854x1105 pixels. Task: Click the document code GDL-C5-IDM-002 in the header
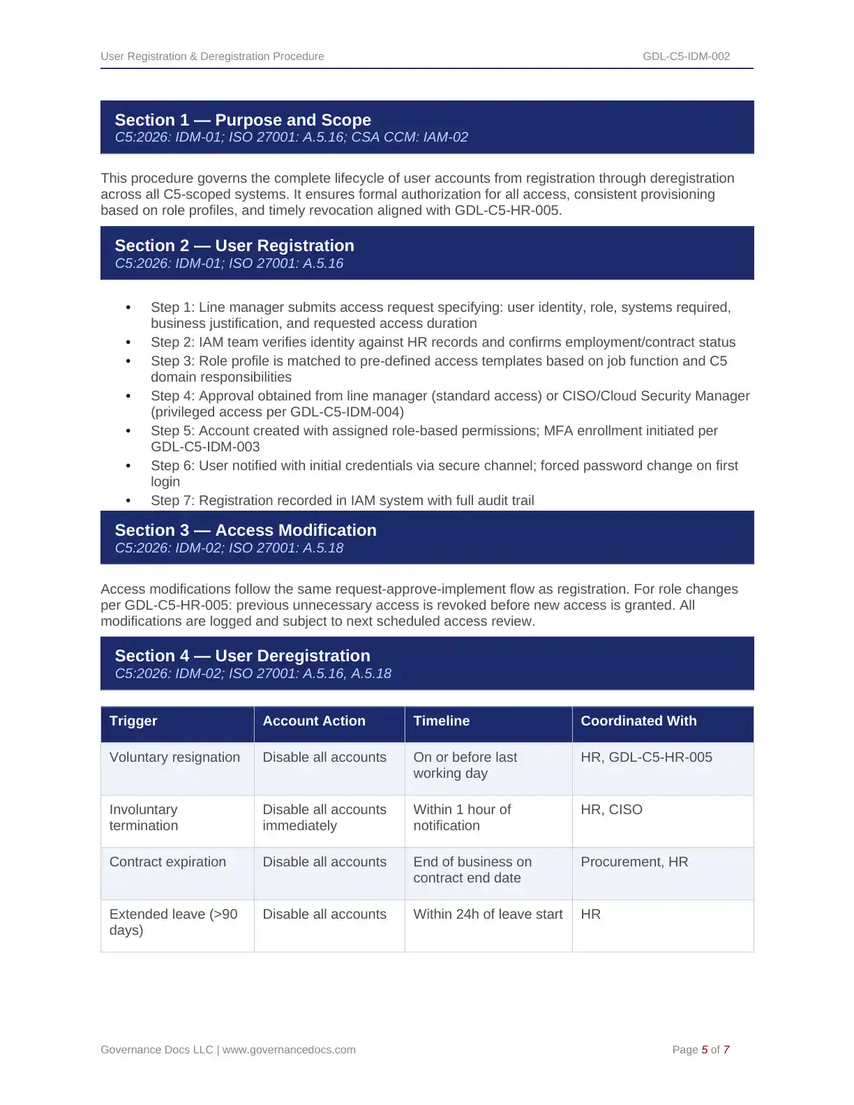[686, 57]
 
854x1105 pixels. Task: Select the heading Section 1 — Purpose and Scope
[243, 120]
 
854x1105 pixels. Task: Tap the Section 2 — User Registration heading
[234, 246]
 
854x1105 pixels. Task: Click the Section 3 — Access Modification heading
[246, 530]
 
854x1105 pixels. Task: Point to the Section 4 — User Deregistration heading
[242, 656]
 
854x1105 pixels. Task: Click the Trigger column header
[133, 721]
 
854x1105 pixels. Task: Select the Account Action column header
[314, 721]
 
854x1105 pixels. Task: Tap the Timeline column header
[441, 721]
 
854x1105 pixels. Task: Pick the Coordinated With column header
[638, 721]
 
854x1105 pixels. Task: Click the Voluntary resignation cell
[174, 758]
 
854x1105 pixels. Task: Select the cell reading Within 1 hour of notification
[462, 818]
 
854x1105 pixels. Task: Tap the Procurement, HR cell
[634, 862]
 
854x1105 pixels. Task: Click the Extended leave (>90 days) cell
[173, 922]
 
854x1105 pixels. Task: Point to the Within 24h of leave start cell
[488, 915]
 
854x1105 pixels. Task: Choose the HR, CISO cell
[611, 810]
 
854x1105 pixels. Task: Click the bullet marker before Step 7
[128, 501]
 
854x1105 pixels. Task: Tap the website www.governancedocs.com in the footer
[289, 1050]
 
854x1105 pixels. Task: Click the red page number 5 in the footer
[705, 1050]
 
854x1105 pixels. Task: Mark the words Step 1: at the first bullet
[173, 308]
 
